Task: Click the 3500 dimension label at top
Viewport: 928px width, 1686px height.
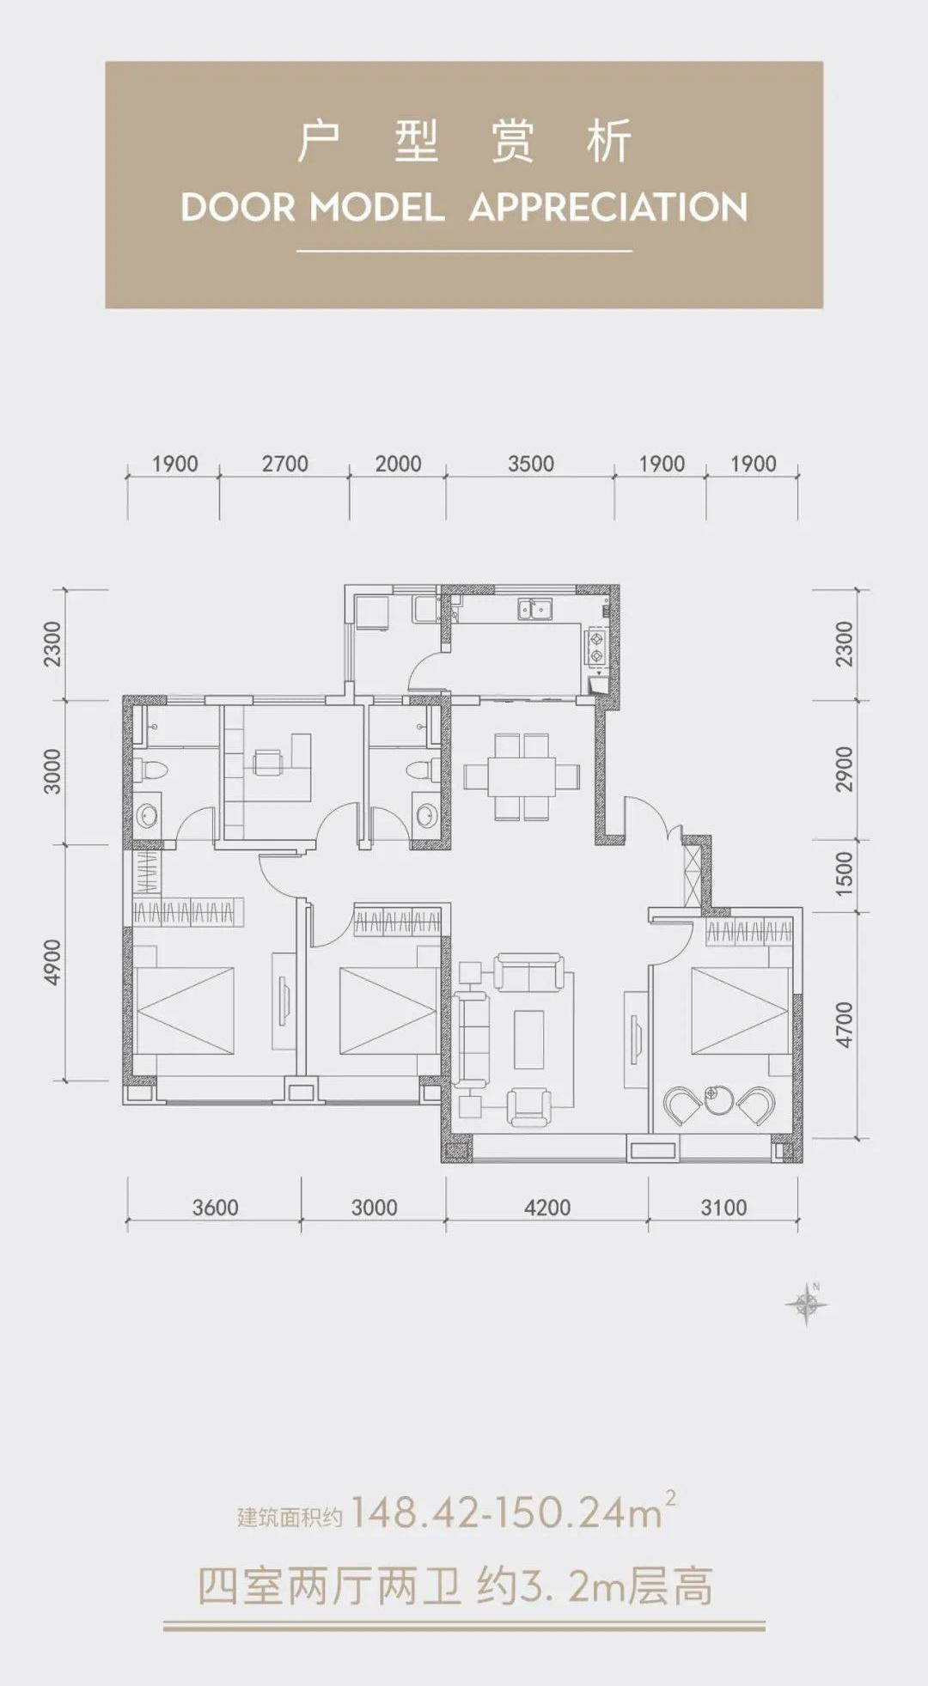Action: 530,464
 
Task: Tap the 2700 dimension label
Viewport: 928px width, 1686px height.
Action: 284,464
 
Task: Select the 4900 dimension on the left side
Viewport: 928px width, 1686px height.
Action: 53,962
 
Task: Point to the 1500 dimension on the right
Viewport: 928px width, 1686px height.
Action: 845,873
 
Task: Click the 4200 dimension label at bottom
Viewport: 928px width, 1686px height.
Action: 547,1208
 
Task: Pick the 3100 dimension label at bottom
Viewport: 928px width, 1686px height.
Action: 723,1208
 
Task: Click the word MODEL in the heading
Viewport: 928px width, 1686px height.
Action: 377,208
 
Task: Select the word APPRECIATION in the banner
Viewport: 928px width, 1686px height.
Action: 608,208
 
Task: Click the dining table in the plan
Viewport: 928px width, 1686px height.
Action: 522,776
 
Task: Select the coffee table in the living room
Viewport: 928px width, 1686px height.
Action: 529,1039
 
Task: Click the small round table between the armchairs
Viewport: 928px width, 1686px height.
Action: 714,1099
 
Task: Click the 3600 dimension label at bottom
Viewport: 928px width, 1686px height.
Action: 215,1208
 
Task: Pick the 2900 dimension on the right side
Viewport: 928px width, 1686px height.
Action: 845,770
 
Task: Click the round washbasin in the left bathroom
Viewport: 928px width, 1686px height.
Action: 147,815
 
